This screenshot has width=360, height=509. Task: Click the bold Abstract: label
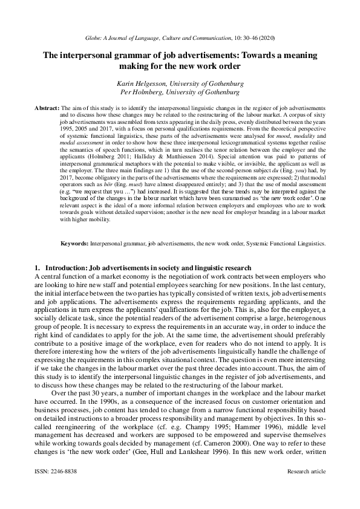pos(47,106)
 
